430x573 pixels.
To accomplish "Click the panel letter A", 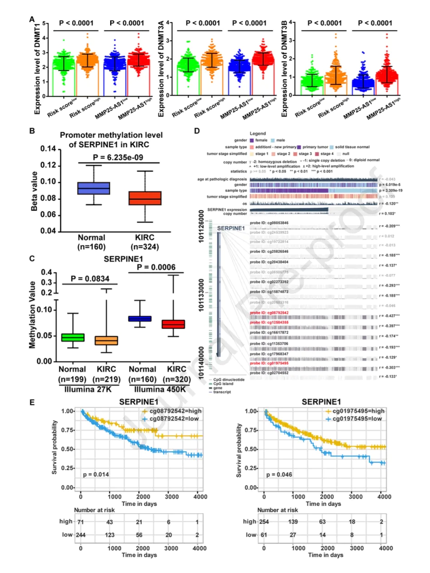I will (32, 19).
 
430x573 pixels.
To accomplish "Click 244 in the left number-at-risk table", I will (83, 535).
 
